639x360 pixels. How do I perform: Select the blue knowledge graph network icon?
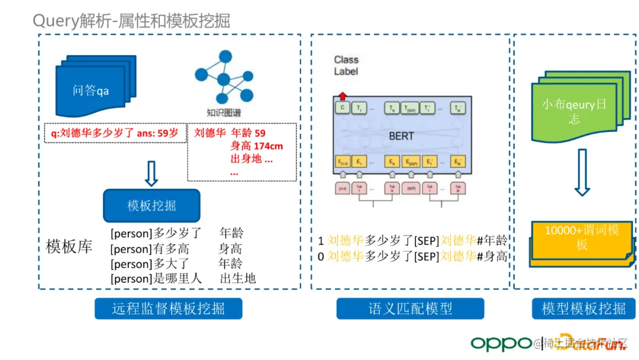(224, 77)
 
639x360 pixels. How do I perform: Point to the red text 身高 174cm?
(256, 146)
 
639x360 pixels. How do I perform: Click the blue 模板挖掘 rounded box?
(151, 205)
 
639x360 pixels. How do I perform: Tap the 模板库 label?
(69, 246)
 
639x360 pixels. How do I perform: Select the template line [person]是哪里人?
(156, 278)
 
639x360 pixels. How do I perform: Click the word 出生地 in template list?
(237, 278)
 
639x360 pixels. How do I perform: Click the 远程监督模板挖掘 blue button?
(169, 308)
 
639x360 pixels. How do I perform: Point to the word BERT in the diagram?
(401, 136)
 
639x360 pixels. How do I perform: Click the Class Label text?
(346, 65)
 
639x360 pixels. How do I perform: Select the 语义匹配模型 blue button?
(410, 308)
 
